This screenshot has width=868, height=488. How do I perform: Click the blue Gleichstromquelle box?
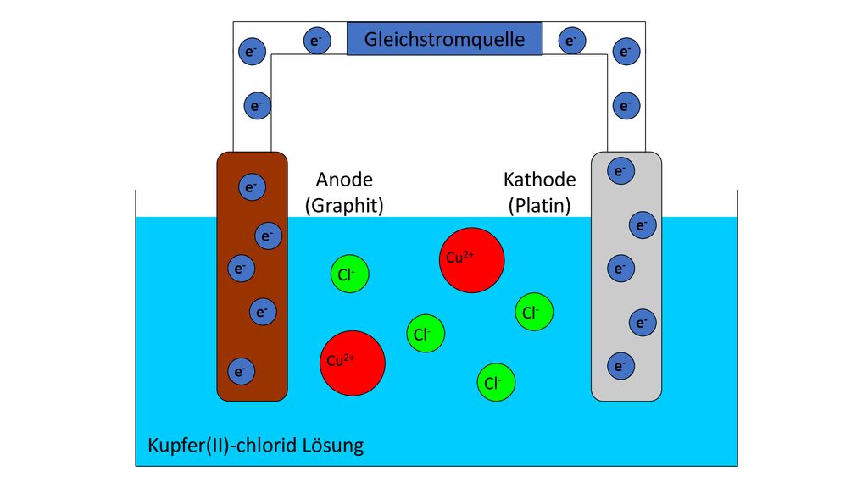pos(444,39)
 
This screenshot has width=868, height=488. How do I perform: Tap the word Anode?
pos(344,180)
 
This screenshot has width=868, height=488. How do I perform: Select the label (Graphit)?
pos(344,206)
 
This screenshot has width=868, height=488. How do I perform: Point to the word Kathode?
pos(540,180)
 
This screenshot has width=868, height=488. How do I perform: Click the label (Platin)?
pos(540,206)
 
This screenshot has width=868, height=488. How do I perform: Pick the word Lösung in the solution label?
pos(333,446)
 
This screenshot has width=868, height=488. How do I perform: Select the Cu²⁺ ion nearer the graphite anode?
pos(353,363)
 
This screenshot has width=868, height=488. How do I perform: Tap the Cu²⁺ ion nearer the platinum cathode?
pos(471,260)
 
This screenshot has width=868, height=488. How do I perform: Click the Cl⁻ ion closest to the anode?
pos(350,274)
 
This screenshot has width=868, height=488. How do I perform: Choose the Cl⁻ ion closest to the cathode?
pos(534,312)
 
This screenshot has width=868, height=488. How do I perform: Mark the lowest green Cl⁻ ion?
pos(497,382)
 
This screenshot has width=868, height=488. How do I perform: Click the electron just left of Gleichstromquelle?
pos(317,41)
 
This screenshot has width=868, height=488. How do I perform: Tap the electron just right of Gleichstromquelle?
pos(572,41)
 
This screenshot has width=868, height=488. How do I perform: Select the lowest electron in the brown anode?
pos(242,371)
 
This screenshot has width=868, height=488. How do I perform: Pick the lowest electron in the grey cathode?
pos(621,366)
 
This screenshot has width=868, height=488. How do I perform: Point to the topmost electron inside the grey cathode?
pos(621,170)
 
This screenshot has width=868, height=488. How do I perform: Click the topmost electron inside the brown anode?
pos(252,187)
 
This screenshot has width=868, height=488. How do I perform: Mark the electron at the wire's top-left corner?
pos(252,52)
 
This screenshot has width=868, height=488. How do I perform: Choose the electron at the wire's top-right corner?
pos(626,52)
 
